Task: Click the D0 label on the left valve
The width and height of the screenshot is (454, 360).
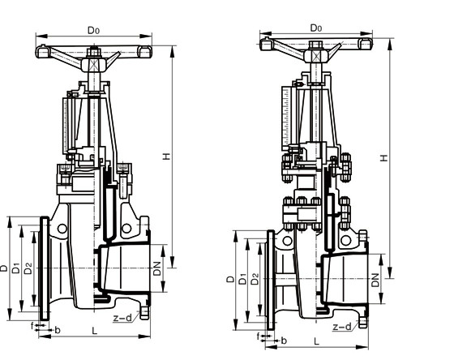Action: [x=94, y=31]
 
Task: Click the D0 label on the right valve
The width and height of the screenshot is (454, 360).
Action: [x=316, y=28]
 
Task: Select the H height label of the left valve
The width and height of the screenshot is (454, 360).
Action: [x=166, y=156]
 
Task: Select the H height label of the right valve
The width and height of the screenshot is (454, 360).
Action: [x=383, y=159]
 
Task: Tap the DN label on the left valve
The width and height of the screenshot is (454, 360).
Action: [x=157, y=265]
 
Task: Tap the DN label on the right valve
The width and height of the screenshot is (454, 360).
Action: [x=375, y=281]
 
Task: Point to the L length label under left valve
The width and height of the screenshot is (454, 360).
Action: [x=96, y=331]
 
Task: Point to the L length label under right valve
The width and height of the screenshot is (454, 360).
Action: [x=316, y=341]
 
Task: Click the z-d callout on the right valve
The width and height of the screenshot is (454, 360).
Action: [x=343, y=328]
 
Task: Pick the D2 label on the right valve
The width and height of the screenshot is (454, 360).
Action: [x=255, y=278]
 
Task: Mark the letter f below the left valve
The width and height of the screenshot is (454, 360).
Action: [x=33, y=326]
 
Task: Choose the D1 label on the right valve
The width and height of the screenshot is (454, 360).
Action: [x=242, y=280]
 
